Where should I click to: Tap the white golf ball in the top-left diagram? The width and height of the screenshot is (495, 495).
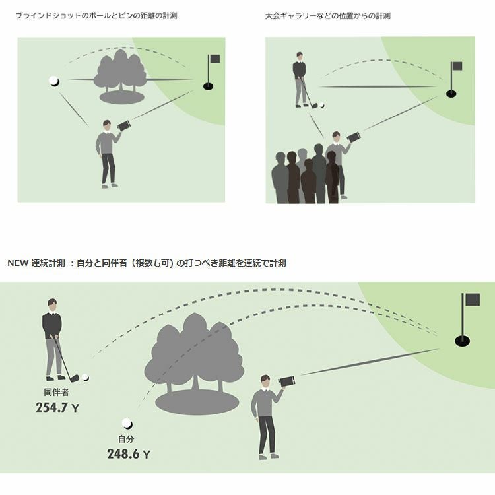point(54,81)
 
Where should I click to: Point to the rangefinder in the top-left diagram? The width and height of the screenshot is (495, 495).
point(124,125)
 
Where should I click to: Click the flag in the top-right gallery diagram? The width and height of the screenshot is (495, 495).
point(455,66)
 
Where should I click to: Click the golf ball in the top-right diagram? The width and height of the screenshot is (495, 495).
point(321,104)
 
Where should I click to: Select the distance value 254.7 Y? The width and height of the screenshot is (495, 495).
point(57,408)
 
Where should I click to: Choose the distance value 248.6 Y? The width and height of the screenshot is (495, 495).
point(129,454)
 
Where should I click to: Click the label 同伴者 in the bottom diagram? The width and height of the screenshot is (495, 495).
point(53,392)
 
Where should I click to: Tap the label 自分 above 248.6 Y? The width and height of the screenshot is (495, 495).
point(126,439)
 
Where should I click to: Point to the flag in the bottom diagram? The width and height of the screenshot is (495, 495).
point(471,300)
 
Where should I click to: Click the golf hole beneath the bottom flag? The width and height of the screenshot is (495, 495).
point(463,341)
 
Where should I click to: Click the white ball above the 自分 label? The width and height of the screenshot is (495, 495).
point(127,424)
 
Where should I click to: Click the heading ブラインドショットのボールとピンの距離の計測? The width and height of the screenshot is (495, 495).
point(96,15)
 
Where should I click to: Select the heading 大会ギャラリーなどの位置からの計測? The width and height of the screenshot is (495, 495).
point(327,15)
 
